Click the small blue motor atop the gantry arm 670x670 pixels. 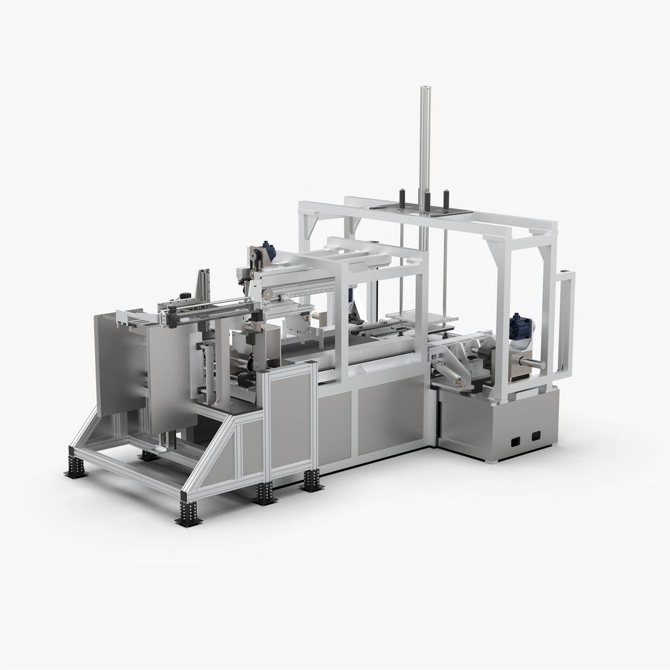(x=269, y=250)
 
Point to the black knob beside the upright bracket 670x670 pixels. (x=184, y=296)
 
